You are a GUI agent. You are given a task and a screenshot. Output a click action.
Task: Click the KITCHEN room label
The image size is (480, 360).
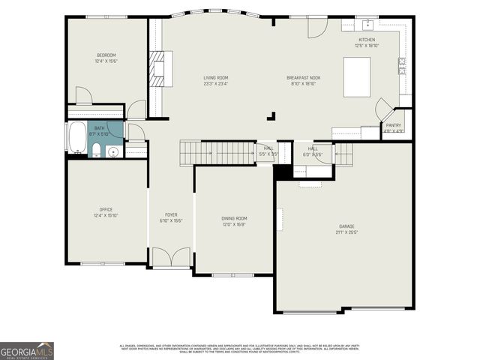coord(366,40)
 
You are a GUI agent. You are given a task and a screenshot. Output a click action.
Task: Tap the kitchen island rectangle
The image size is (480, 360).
coord(357,77)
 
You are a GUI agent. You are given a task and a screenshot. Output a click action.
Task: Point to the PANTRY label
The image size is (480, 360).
coord(394,125)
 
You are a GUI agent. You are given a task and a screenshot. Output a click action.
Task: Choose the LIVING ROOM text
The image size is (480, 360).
coord(216,78)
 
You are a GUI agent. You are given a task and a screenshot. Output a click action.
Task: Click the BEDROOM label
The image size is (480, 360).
coord(106,55)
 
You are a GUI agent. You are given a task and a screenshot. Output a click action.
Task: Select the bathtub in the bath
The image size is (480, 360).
coord(77,138)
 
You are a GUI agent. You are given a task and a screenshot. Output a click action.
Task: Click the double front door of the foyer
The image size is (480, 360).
coord(171,258)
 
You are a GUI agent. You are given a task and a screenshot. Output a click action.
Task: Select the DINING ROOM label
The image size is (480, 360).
coord(234,218)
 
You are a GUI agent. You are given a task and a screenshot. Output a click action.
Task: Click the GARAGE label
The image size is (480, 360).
coord(346,226)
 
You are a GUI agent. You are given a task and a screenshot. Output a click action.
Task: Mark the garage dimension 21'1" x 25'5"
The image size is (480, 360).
coord(346,232)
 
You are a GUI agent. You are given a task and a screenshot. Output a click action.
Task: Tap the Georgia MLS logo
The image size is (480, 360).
coord(27,350)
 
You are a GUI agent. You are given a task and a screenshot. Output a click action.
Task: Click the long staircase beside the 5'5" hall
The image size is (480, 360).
coord(217,153)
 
